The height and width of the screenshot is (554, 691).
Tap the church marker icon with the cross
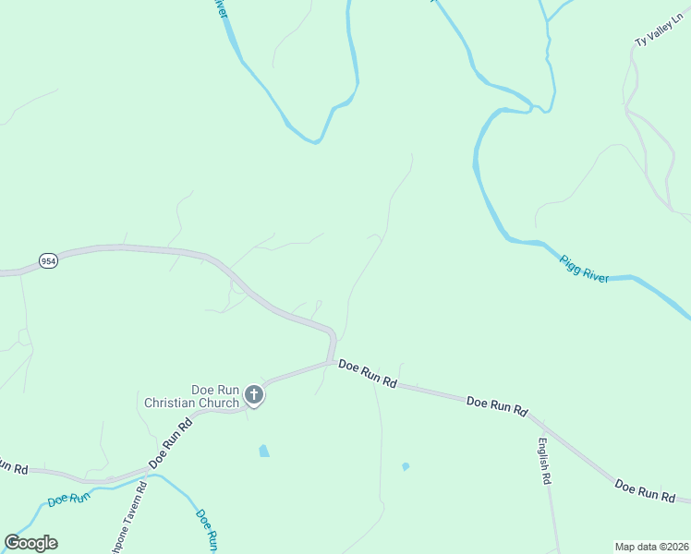(x=254, y=396)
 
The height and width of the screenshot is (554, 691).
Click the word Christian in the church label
(x=173, y=403)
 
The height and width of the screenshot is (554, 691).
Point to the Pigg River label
(x=585, y=269)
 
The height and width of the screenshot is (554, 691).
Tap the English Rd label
(x=544, y=461)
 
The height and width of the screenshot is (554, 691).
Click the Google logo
(x=31, y=543)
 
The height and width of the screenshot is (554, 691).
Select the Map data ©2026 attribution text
(x=652, y=546)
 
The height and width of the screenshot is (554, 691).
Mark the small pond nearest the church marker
(x=264, y=452)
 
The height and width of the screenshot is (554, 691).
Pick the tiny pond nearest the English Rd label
(x=406, y=466)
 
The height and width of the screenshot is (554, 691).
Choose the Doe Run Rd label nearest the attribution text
(x=644, y=490)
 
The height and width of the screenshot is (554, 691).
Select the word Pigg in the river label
(x=572, y=263)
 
